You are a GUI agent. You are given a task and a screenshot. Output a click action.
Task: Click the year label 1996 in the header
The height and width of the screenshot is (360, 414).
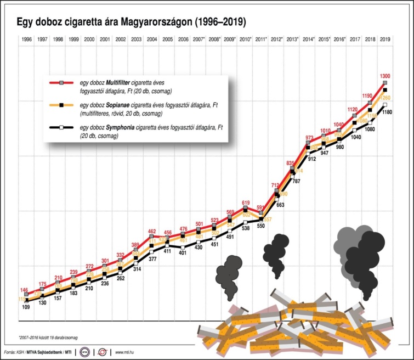pos(26,40)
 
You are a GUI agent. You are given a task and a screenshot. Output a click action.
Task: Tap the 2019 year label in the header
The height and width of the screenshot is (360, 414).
pos(385,40)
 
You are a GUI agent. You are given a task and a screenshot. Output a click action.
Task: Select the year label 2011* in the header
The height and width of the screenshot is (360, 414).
pos(260,40)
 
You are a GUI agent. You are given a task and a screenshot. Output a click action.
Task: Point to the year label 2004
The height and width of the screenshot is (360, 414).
pos(152,40)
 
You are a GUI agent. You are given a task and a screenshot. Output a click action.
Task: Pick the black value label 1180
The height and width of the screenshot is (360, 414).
pos(388,113)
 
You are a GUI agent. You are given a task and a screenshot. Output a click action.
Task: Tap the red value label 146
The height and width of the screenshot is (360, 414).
pos(25,290)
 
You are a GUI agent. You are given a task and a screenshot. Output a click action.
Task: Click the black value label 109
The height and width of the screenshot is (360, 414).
pos(25,307)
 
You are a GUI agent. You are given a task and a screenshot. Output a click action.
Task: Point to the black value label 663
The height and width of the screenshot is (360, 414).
pos(280,204)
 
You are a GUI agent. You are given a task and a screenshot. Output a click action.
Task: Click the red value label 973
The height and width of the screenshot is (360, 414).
pos(309,138)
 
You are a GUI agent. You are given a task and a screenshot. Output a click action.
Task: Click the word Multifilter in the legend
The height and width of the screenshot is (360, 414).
pos(121,82)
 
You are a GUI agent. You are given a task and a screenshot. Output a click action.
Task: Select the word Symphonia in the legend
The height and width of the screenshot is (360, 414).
pos(122,127)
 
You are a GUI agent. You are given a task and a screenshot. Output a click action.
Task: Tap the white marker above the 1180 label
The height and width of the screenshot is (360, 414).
pos(385,104)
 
